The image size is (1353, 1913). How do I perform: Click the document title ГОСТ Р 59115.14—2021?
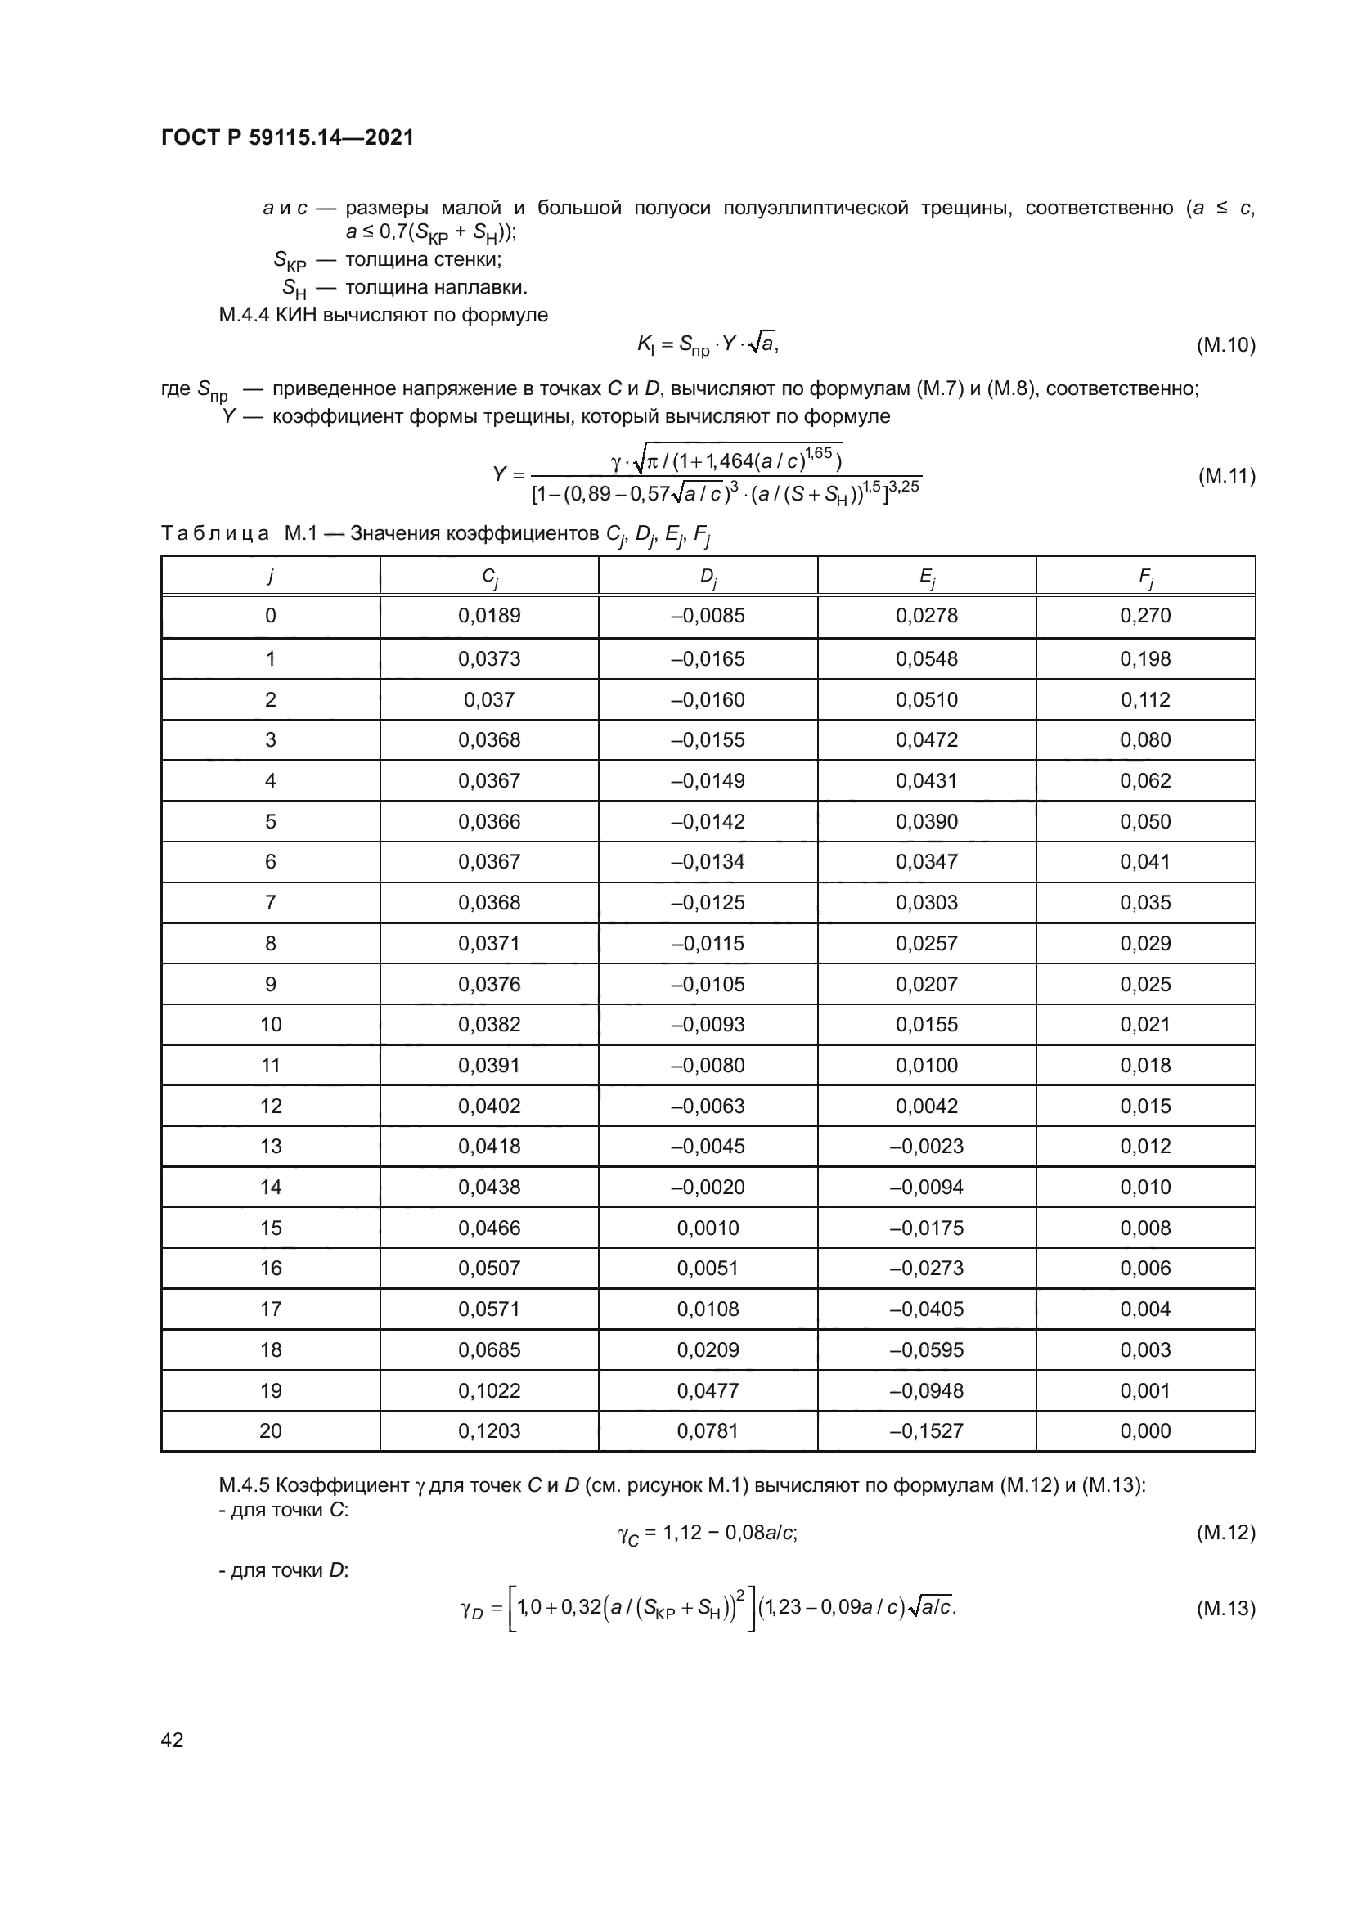coord(287,137)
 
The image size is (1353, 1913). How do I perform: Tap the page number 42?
coord(172,1740)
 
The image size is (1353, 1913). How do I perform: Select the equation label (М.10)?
coord(1225,345)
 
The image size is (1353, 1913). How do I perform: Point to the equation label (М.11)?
coord(1225,476)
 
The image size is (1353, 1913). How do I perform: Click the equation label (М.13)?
coord(1225,1608)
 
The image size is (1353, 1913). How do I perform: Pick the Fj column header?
coord(1145,576)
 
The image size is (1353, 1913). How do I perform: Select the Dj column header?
coord(708,576)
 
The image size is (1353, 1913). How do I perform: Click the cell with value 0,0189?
coord(489,616)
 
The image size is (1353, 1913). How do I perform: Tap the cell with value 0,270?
coord(1145,616)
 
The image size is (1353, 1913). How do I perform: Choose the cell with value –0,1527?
coord(927,1430)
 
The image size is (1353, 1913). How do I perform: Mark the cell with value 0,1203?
coord(489,1430)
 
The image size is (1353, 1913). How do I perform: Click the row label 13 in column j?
coord(271,1146)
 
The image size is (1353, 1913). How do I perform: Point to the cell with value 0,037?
coord(489,699)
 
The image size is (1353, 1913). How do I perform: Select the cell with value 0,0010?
coord(708,1228)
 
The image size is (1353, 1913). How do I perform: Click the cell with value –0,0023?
coord(927,1146)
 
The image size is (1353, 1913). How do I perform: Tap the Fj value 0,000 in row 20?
coord(1145,1430)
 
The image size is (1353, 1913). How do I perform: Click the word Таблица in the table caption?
coord(215,533)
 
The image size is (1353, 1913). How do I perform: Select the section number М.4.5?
coord(244,1484)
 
